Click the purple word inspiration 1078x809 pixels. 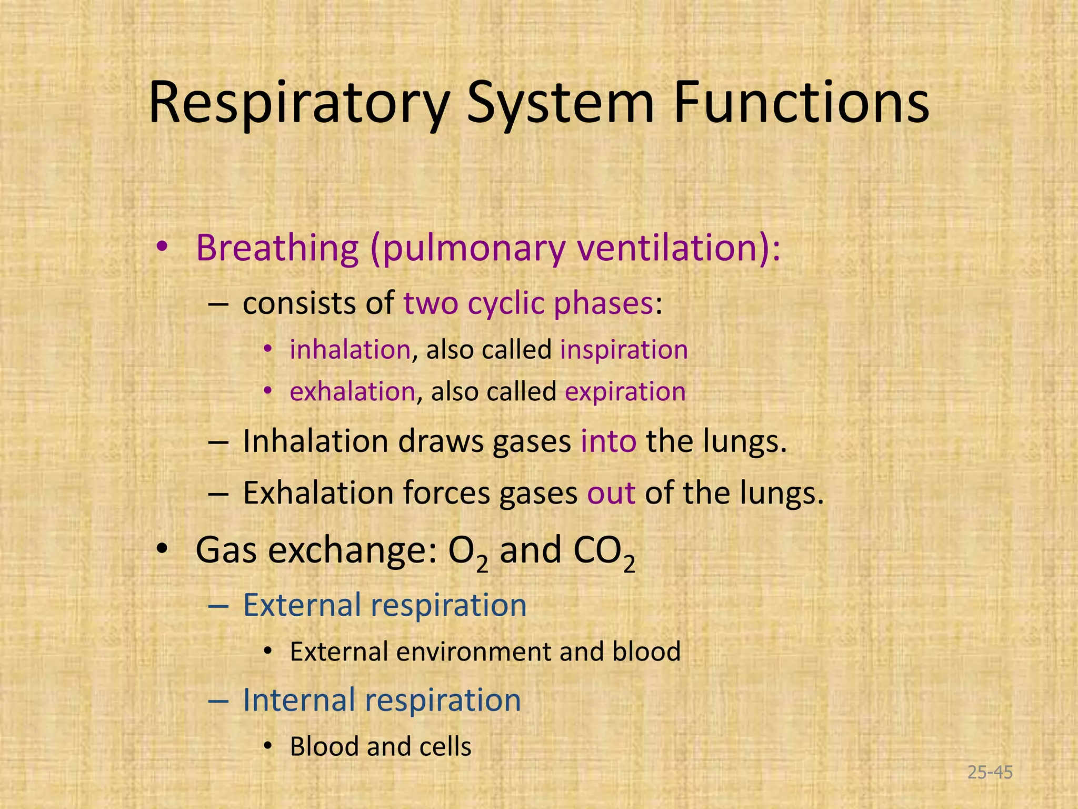[x=624, y=350]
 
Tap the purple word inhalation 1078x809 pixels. [x=350, y=350]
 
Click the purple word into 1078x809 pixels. [x=608, y=441]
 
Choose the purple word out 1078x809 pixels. [x=611, y=494]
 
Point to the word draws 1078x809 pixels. [x=441, y=441]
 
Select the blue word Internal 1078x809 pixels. [x=299, y=700]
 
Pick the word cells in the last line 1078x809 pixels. [x=445, y=747]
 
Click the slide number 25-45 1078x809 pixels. [x=990, y=773]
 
